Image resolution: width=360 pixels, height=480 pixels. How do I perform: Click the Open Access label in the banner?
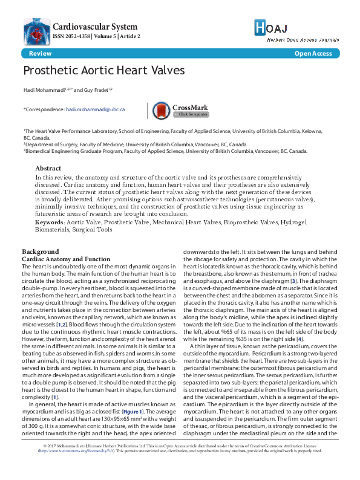click(x=313, y=54)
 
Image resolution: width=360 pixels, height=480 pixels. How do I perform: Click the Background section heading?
click(x=41, y=251)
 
